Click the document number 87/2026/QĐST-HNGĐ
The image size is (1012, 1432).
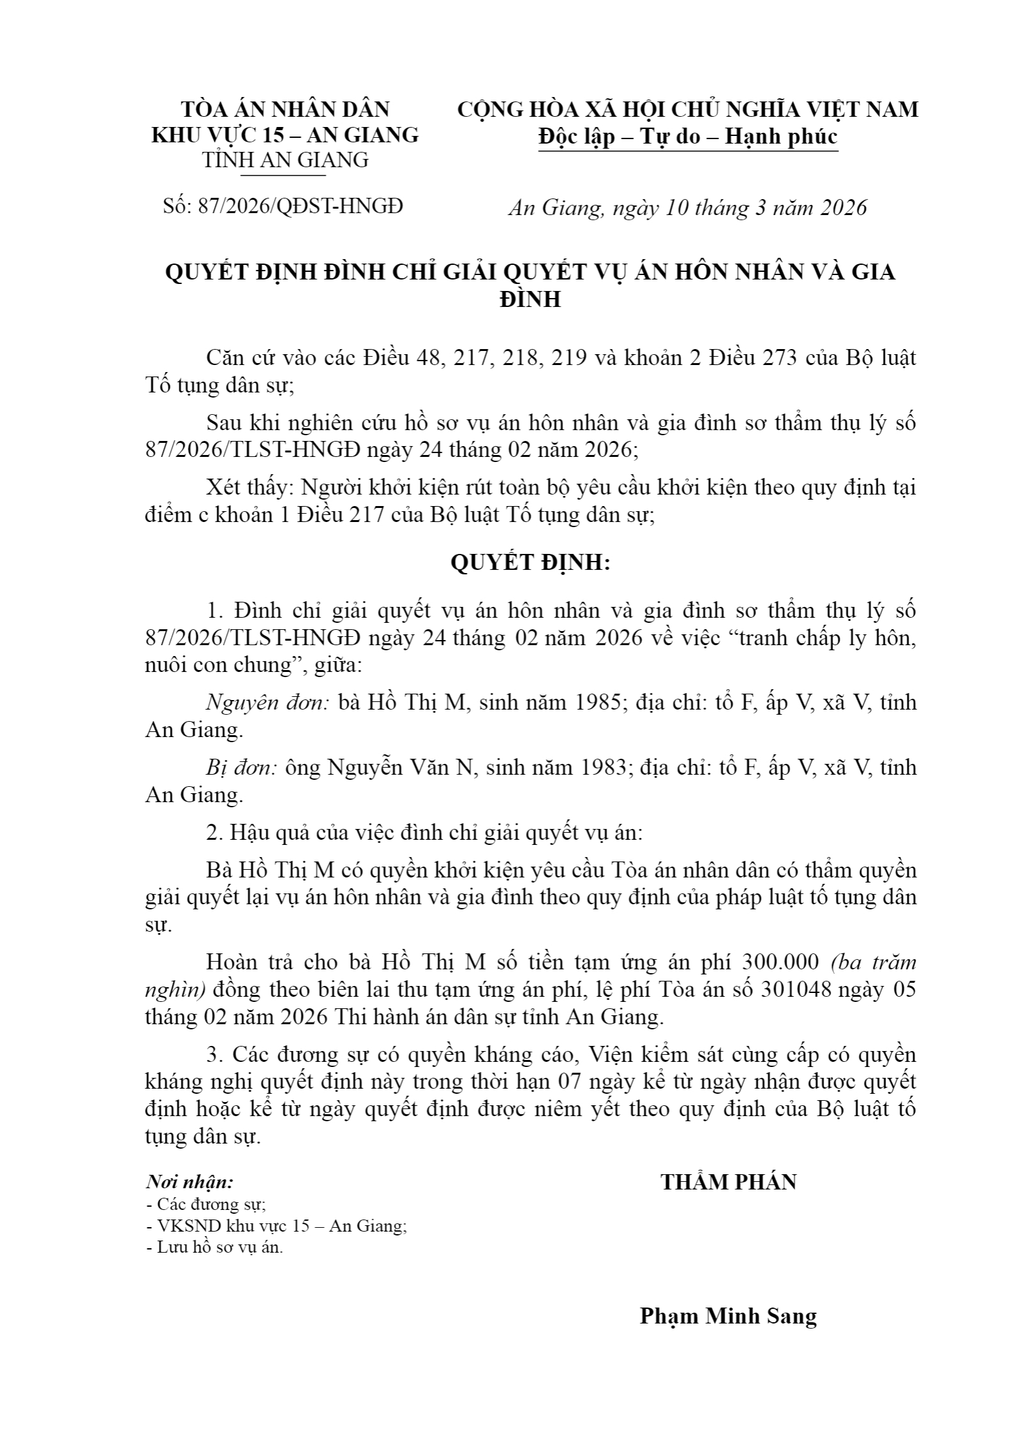(283, 207)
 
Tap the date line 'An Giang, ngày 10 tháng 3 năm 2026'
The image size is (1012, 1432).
(687, 208)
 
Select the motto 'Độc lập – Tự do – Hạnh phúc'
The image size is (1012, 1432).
(687, 137)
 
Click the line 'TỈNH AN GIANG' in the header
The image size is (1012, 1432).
(285, 160)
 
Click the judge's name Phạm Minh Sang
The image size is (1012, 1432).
(728, 1316)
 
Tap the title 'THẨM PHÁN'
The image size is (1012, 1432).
(728, 1182)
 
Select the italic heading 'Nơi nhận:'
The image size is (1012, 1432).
(190, 1182)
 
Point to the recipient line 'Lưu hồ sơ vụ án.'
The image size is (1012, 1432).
(214, 1247)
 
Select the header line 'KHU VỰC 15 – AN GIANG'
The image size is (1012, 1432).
(285, 135)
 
